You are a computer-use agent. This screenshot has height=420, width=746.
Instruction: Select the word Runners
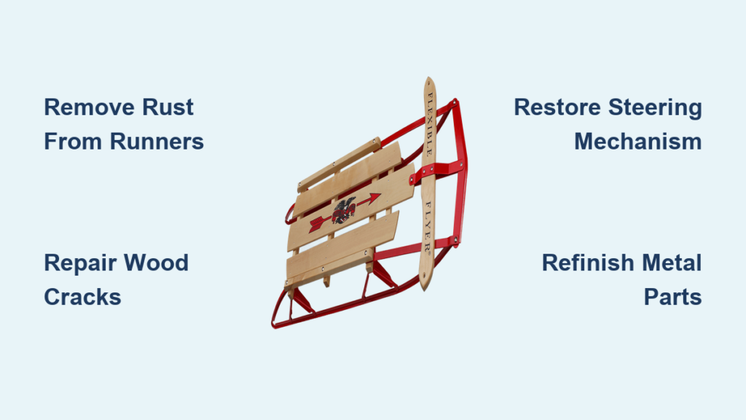pos(157,141)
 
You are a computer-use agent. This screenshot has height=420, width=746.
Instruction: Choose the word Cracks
pos(82,296)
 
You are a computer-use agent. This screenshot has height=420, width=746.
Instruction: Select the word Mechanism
pos(637,141)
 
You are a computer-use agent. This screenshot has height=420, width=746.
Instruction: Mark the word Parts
pos(672,296)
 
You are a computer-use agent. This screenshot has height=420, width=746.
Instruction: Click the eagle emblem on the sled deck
pos(343,209)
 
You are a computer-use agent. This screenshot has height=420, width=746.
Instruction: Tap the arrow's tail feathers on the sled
pos(315,224)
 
